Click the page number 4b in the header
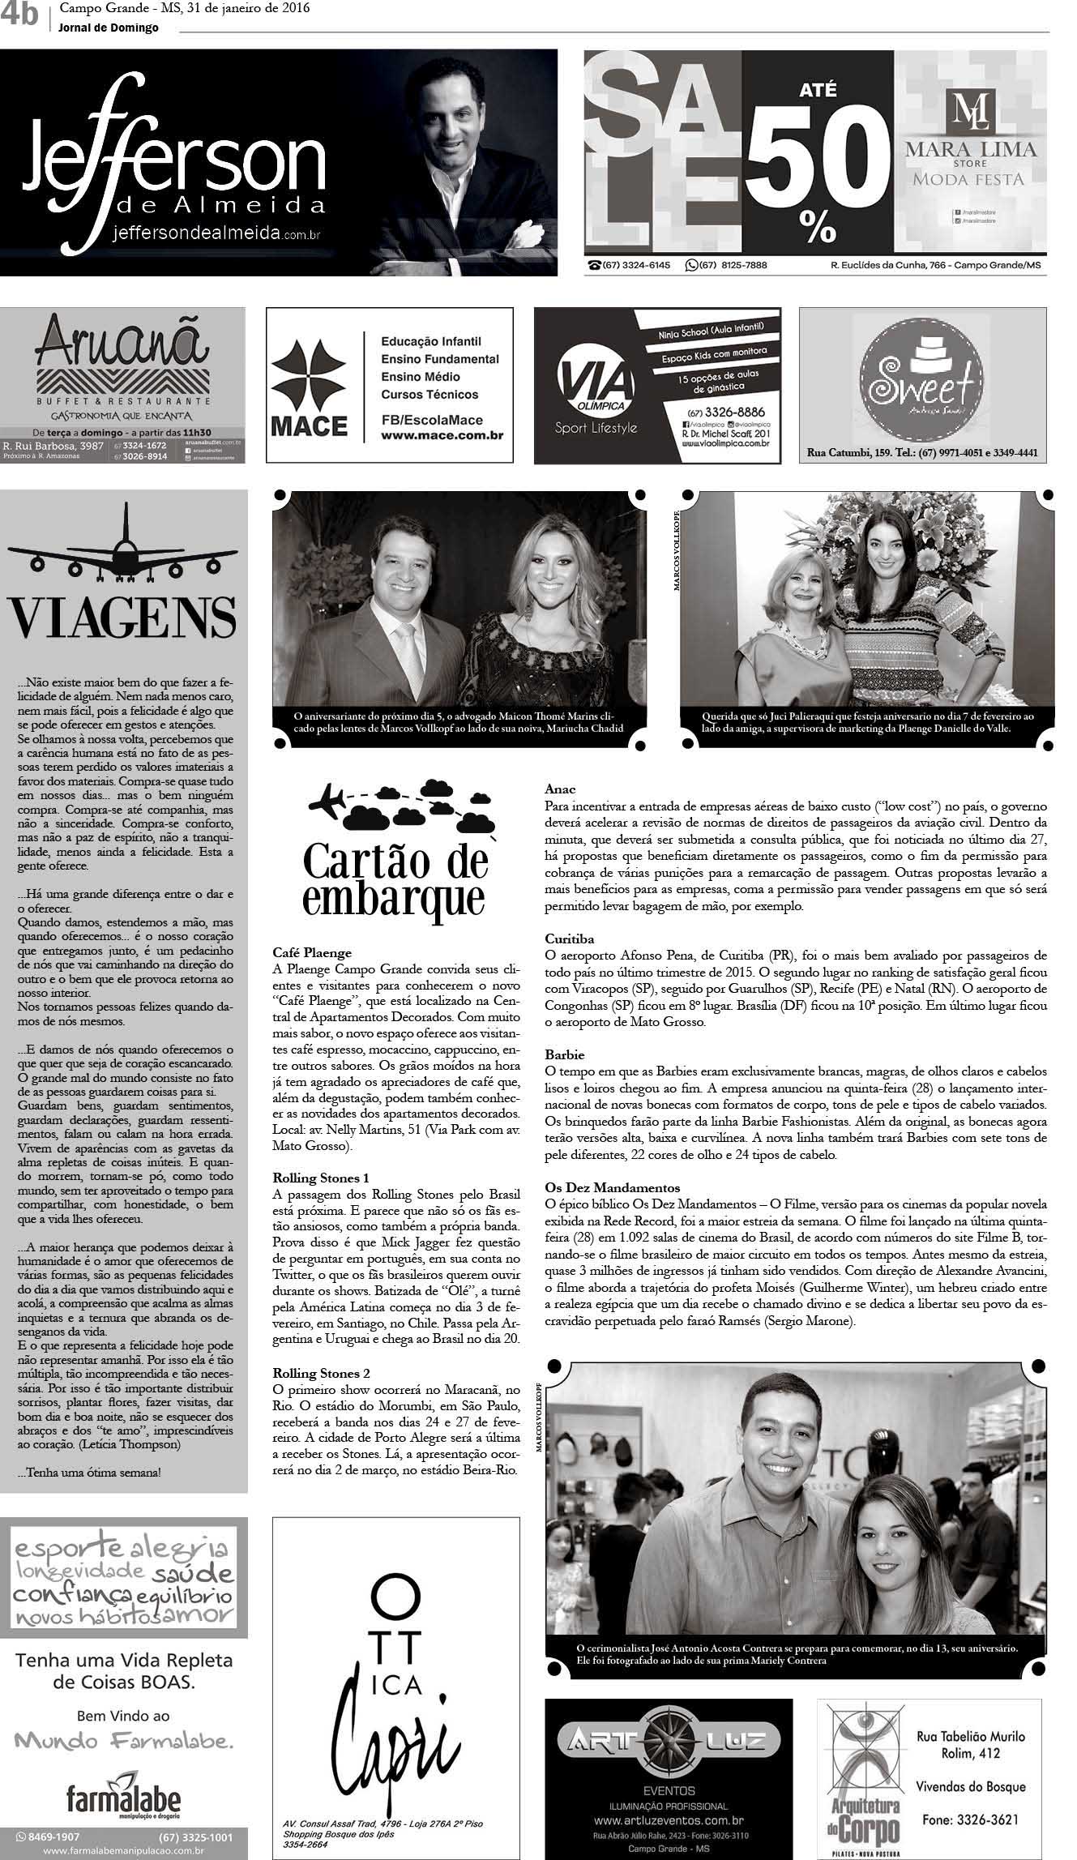tap(19, 15)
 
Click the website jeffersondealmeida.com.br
tap(219, 233)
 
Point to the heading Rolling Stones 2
tap(321, 1373)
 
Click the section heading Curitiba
tap(570, 939)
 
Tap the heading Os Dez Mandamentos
tap(612, 1187)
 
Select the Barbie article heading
tap(564, 1054)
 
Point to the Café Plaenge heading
tap(312, 953)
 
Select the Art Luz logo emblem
tap(668, 1738)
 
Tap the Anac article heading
tap(560, 789)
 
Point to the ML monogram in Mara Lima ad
tap(969, 110)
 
